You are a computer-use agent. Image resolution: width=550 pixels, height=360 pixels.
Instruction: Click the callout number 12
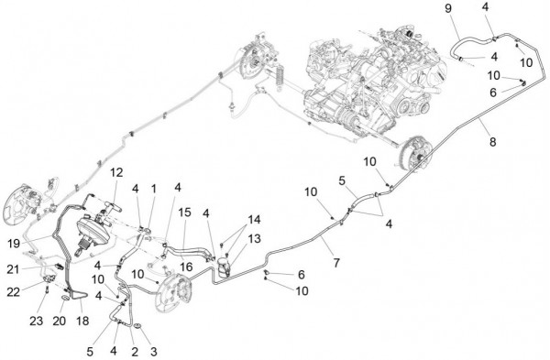(x=116, y=172)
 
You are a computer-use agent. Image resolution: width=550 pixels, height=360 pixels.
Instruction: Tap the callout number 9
(x=448, y=9)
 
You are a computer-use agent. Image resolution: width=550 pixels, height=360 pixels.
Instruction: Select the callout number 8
(x=493, y=142)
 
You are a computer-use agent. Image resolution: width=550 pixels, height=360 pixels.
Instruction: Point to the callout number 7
(x=336, y=262)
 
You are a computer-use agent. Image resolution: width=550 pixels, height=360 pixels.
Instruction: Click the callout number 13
(x=254, y=239)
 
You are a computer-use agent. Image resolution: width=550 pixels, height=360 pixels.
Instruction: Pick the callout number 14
(x=254, y=220)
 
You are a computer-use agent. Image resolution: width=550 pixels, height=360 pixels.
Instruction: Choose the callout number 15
(x=185, y=213)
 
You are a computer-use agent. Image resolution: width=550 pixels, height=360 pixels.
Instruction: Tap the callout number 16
(x=186, y=267)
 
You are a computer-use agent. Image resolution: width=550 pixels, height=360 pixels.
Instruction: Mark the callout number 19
(x=14, y=244)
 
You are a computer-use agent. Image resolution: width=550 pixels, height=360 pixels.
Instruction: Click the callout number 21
(x=14, y=269)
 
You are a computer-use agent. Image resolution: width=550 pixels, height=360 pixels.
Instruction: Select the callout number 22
(x=14, y=291)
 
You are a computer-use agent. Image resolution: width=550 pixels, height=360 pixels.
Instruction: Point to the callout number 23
(x=36, y=321)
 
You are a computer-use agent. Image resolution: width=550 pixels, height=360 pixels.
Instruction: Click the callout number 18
(x=82, y=321)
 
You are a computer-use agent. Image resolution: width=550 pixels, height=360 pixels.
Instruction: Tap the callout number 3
(x=153, y=351)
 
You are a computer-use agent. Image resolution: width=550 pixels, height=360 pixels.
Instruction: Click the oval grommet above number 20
(x=66, y=298)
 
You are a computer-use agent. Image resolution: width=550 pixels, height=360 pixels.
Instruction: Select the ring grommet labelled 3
(x=137, y=327)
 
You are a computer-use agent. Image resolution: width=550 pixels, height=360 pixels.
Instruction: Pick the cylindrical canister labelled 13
(x=224, y=266)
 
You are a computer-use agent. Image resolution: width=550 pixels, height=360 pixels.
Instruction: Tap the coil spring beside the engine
(x=280, y=78)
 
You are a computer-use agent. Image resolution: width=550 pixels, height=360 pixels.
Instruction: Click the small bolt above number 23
(x=47, y=289)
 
